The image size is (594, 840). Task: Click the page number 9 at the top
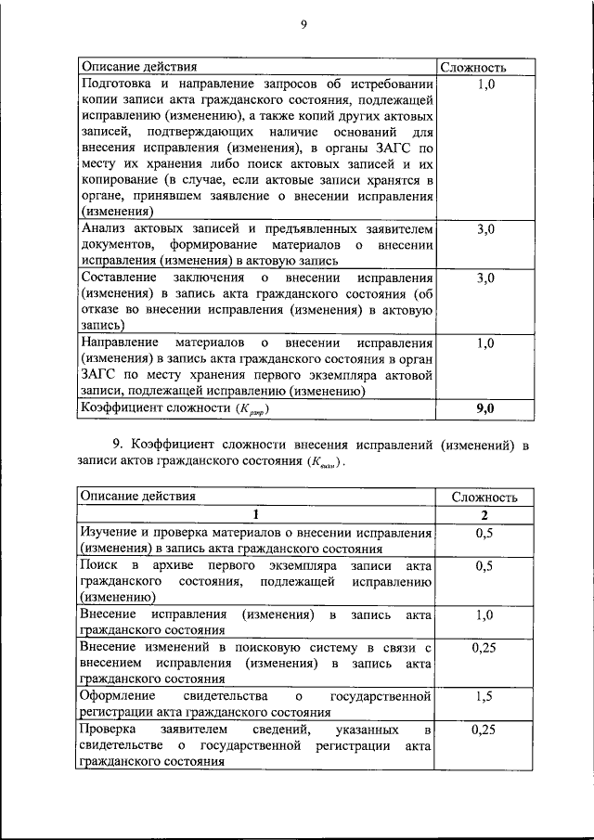coord(303,26)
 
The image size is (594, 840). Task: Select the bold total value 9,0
coord(484,407)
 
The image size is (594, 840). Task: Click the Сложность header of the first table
coord(473,68)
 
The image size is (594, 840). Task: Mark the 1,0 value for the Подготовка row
coord(484,85)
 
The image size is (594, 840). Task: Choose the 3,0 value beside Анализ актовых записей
coord(484,228)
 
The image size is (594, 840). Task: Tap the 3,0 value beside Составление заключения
coord(484,278)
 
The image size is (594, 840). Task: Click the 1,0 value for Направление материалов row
coord(484,343)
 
